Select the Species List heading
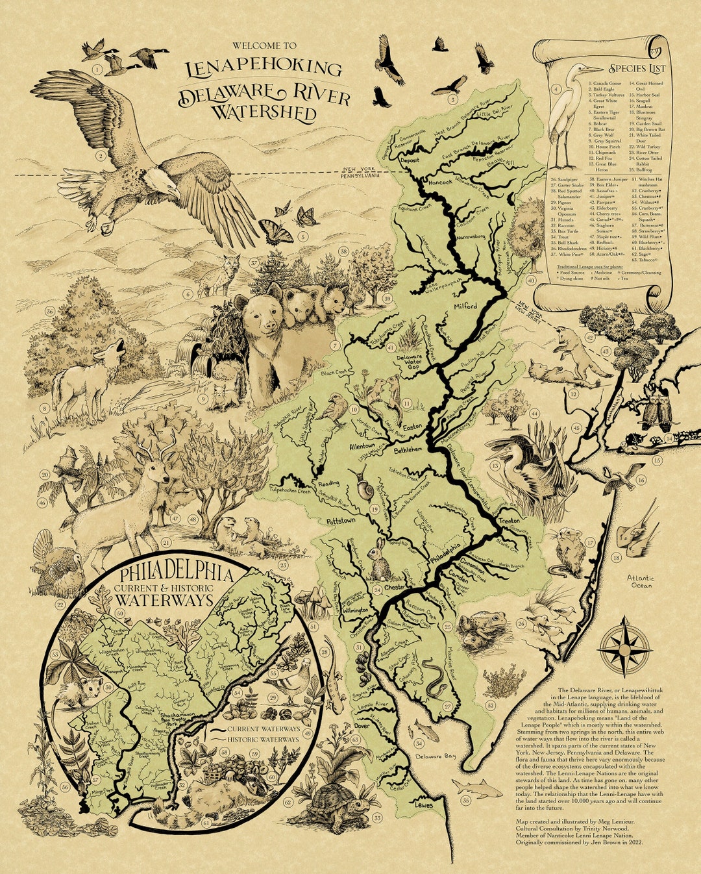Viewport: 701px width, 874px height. (636, 68)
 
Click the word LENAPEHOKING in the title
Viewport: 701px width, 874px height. (263, 68)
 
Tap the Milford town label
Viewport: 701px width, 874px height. (465, 306)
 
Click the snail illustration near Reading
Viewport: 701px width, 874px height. (362, 486)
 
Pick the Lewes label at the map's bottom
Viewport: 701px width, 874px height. (423, 805)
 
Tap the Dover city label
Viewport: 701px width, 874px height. (362, 725)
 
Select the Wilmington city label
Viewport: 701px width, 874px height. (356, 611)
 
